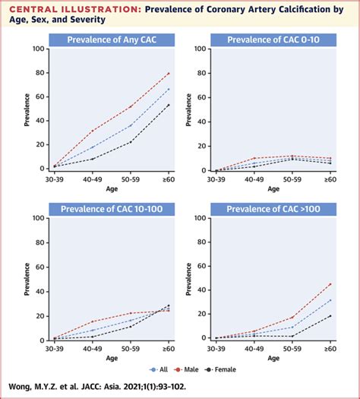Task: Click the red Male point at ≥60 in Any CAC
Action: pyautogui.click(x=169, y=73)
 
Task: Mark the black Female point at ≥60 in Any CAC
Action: pyautogui.click(x=169, y=105)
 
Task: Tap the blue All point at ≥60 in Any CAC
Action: pyautogui.click(x=169, y=89)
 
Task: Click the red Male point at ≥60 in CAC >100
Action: pyautogui.click(x=329, y=283)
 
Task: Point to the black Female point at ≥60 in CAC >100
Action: pyautogui.click(x=329, y=315)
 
